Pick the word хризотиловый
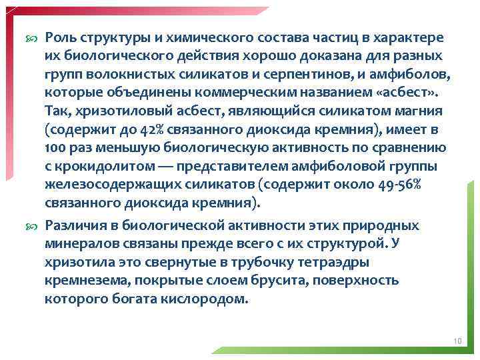[x=116, y=110]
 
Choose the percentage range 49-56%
[x=397, y=185]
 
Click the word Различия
[x=78, y=226]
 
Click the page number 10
[x=457, y=342]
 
